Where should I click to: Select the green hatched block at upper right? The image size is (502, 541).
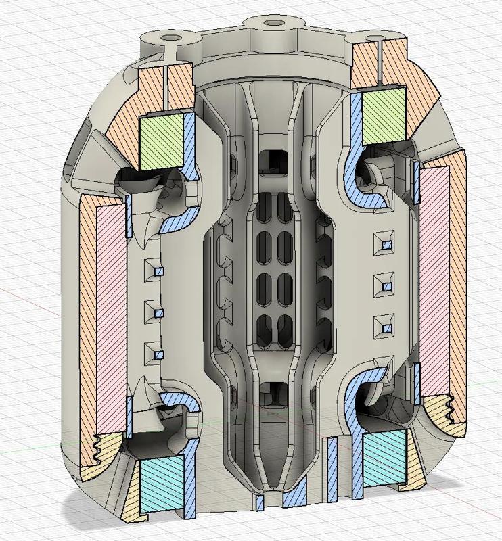click(x=385, y=116)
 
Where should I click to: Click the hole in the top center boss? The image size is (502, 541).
click(x=273, y=23)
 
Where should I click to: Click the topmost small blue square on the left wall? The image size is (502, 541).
click(x=160, y=272)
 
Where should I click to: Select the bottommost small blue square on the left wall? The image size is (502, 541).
click(x=160, y=356)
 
